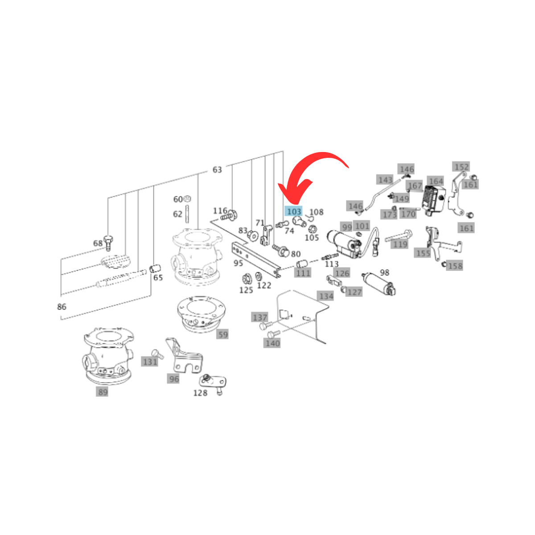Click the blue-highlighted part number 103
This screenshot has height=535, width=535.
coord(293,211)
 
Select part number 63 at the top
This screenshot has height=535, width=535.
coord(217,169)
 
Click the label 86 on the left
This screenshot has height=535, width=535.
coord(62,306)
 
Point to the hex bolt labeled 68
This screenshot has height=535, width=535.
coord(108,243)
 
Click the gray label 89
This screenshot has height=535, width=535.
coord(102,392)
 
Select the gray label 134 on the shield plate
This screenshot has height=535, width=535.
coord(325,296)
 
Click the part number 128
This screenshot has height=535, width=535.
coord(200,393)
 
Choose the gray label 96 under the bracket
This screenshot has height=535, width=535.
coord(173,379)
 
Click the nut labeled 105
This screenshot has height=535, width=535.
coord(313,229)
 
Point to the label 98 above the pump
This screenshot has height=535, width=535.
coord(384,272)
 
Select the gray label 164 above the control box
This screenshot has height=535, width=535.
coord(436,181)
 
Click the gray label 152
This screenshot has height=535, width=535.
coord(461,167)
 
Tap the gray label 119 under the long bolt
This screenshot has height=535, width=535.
coord(399,244)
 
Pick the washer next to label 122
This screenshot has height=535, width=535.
coord(259,276)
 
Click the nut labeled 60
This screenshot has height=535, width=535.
coord(188,198)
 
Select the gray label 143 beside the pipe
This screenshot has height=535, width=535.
coord(385,180)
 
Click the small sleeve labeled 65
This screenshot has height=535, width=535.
coord(155,268)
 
